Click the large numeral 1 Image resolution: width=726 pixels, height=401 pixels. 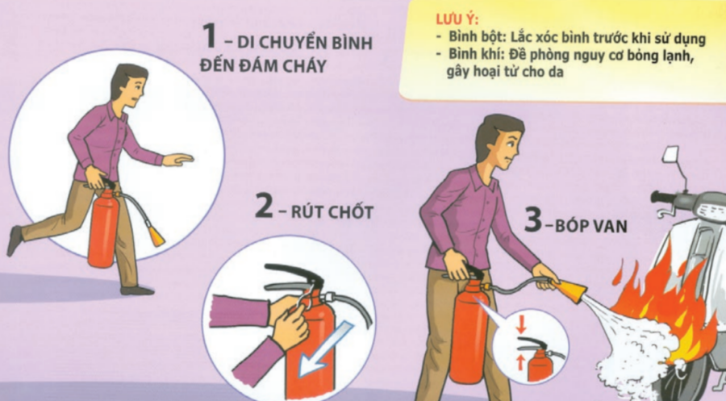(x=210, y=36)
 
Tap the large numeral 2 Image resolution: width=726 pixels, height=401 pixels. (x=265, y=207)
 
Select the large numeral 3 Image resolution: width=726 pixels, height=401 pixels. (x=533, y=219)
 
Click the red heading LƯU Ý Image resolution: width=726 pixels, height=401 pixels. (x=457, y=20)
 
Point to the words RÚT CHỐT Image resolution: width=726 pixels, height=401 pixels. (x=332, y=212)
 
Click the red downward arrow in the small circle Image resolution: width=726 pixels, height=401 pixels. (x=521, y=325)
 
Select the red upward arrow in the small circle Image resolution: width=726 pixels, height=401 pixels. (x=520, y=361)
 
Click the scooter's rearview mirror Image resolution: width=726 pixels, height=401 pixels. (x=670, y=155)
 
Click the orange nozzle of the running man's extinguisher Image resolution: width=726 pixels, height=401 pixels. (x=156, y=236)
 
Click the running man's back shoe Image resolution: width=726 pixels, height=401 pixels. (x=14, y=240)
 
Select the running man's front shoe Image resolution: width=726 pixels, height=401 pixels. (x=137, y=290)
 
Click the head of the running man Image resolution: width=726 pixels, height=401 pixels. (x=129, y=86)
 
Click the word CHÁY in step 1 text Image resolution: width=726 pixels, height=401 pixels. (x=302, y=65)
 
